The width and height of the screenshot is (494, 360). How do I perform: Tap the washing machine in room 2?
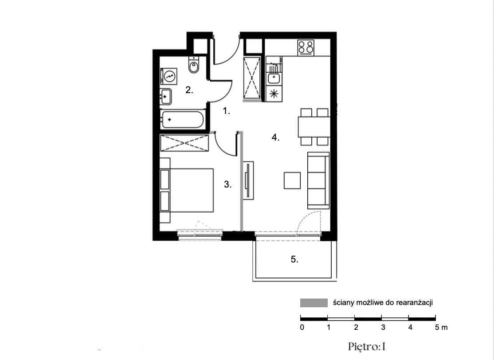(x=169, y=77)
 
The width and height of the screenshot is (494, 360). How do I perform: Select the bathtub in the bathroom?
(x=183, y=119)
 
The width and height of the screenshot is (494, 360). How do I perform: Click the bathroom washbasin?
(x=166, y=97)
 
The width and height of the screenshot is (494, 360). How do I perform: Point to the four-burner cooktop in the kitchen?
(x=306, y=47)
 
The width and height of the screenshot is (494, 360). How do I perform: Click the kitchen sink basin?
(x=274, y=78)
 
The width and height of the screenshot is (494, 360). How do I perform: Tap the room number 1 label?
(x=227, y=111)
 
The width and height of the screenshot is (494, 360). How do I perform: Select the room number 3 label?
(x=227, y=184)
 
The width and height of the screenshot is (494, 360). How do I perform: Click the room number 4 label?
(x=275, y=137)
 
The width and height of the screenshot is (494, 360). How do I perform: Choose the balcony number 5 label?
(x=294, y=259)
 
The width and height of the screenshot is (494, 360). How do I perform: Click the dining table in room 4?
(x=314, y=127)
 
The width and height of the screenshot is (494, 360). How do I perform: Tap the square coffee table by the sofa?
(x=292, y=180)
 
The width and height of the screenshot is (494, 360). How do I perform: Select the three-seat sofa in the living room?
(x=318, y=181)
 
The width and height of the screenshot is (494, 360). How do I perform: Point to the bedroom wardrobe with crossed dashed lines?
(x=184, y=143)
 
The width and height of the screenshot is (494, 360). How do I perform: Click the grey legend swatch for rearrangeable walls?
(x=314, y=303)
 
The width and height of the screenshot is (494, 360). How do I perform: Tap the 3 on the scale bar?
(x=383, y=327)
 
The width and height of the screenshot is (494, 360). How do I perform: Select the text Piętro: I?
(x=367, y=347)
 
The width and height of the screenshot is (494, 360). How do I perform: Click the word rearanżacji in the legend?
(x=414, y=303)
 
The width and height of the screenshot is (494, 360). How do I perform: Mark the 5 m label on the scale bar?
(x=441, y=327)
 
